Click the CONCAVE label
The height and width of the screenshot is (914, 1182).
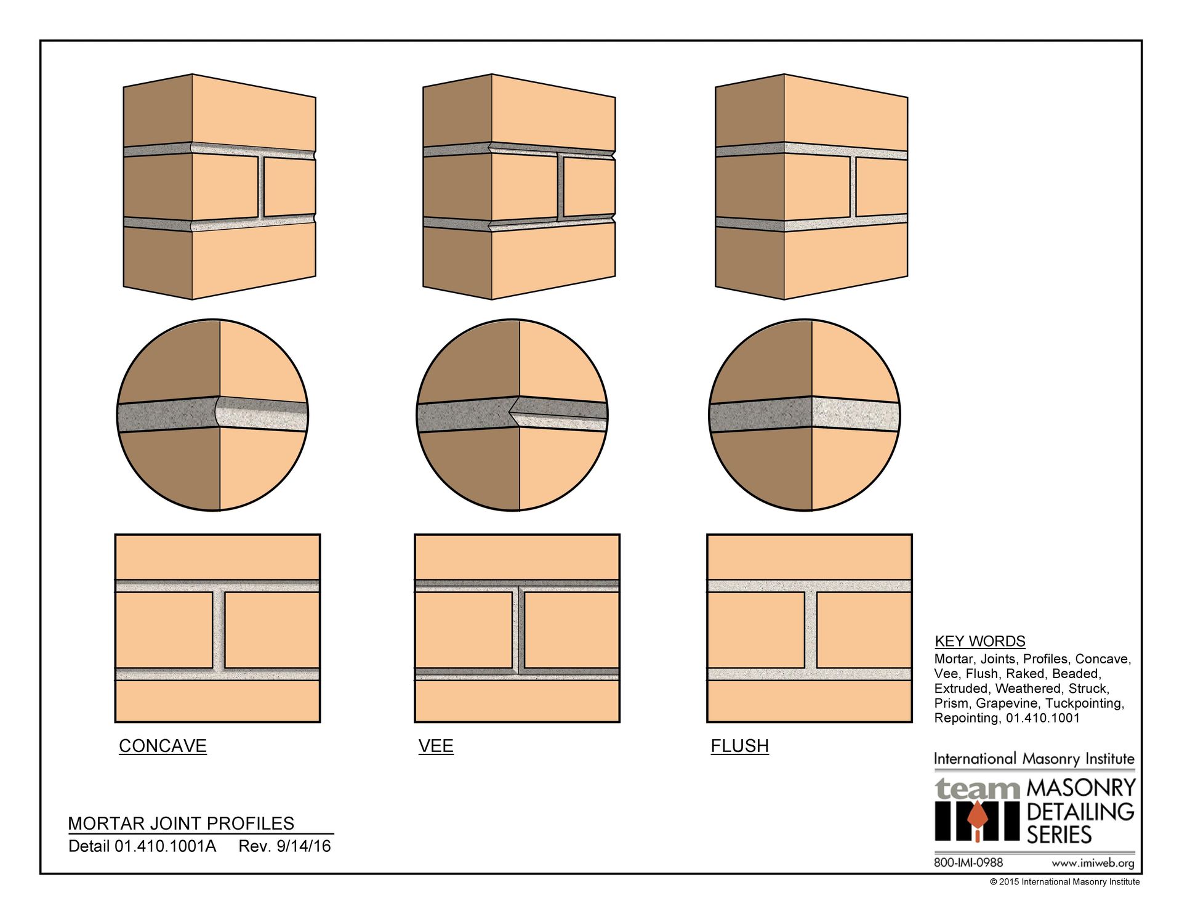point(163,746)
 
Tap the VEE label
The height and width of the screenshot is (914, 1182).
point(436,746)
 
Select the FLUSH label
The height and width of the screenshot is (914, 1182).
point(740,746)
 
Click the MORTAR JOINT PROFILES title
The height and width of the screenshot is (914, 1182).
point(181,823)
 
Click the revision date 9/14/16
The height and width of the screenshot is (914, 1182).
point(304,846)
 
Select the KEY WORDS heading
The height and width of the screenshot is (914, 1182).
point(980,641)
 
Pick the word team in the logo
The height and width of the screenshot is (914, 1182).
point(978,789)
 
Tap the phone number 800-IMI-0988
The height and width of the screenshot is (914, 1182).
point(968,862)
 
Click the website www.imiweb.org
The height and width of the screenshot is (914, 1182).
point(1093,863)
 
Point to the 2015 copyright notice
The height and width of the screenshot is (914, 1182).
point(1065,882)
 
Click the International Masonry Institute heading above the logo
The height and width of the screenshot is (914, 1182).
point(1034,759)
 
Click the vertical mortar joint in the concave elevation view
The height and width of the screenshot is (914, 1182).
point(219,630)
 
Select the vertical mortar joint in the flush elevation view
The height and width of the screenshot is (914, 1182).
point(811,630)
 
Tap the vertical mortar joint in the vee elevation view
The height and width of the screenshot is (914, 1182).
point(518,630)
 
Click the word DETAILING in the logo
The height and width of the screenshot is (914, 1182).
point(1080,812)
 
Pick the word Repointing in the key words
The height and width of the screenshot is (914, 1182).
point(967,718)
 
